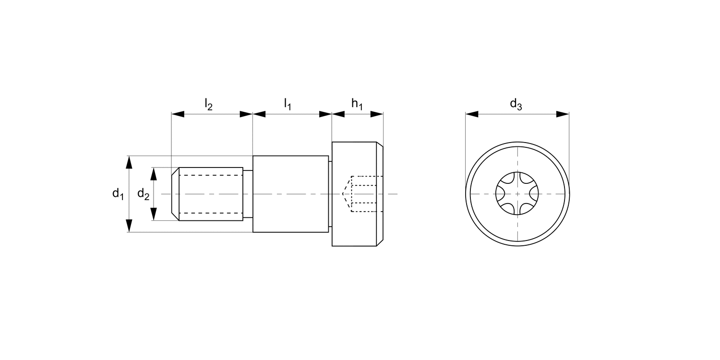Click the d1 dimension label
[118, 194]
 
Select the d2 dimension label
[143, 194]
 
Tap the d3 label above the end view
[516, 104]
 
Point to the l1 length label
[288, 104]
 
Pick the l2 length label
[208, 104]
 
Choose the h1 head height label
[357, 104]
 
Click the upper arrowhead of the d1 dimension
[129, 162]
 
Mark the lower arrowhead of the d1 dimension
[129, 226]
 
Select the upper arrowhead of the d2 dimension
[154, 173]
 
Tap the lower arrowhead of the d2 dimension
[154, 215]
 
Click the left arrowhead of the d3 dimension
[472, 114]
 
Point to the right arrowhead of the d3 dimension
[563, 114]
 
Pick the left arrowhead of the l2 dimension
[178, 114]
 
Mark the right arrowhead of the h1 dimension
[377, 114]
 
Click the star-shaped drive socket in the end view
[517, 194]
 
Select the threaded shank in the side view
[210, 194]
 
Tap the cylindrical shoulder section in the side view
[290, 194]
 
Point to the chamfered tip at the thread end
[175, 194]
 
